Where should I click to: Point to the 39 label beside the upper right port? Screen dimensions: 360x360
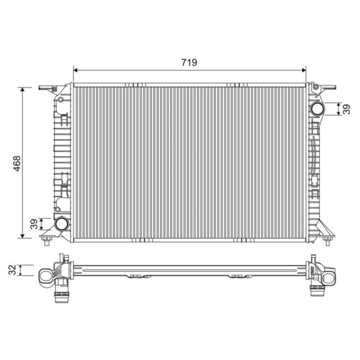[347, 109]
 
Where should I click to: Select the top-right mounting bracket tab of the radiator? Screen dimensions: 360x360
[328, 87]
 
